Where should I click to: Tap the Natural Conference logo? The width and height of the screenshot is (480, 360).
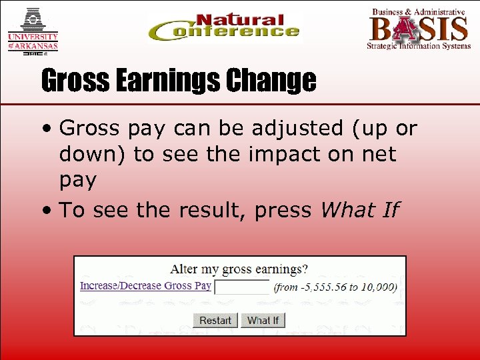[x=224, y=28]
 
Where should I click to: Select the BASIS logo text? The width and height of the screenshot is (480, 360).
[x=419, y=28]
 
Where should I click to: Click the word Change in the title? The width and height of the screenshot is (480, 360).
[x=270, y=81]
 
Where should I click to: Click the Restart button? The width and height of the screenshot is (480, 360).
[x=215, y=321]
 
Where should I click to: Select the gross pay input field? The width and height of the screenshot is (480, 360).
[x=241, y=287]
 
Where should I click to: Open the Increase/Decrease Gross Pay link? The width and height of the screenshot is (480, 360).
[x=145, y=286]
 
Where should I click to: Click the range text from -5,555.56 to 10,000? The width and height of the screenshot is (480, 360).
[x=335, y=287]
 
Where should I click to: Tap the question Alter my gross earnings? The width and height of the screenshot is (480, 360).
[x=239, y=269]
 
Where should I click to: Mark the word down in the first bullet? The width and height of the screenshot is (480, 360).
[x=93, y=154]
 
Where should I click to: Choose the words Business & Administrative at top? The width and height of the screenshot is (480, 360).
[x=418, y=11]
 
